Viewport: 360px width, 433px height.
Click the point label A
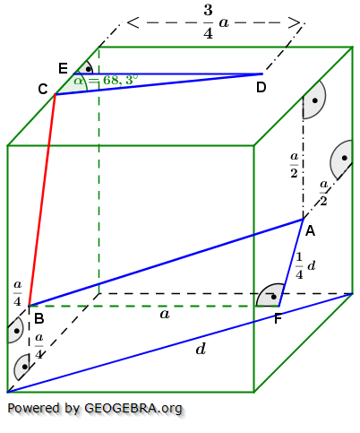coord(310,231)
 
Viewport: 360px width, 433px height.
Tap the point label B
coord(39,318)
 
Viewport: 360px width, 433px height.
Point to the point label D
coord(261,87)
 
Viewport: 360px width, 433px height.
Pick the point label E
coord(62,68)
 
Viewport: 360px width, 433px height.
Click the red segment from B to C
coord(42,197)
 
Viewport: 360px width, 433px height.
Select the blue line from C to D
coord(161,83)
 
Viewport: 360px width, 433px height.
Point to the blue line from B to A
coord(166,262)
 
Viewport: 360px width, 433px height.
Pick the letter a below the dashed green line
coord(164,314)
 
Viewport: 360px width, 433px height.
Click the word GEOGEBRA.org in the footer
coord(133,409)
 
